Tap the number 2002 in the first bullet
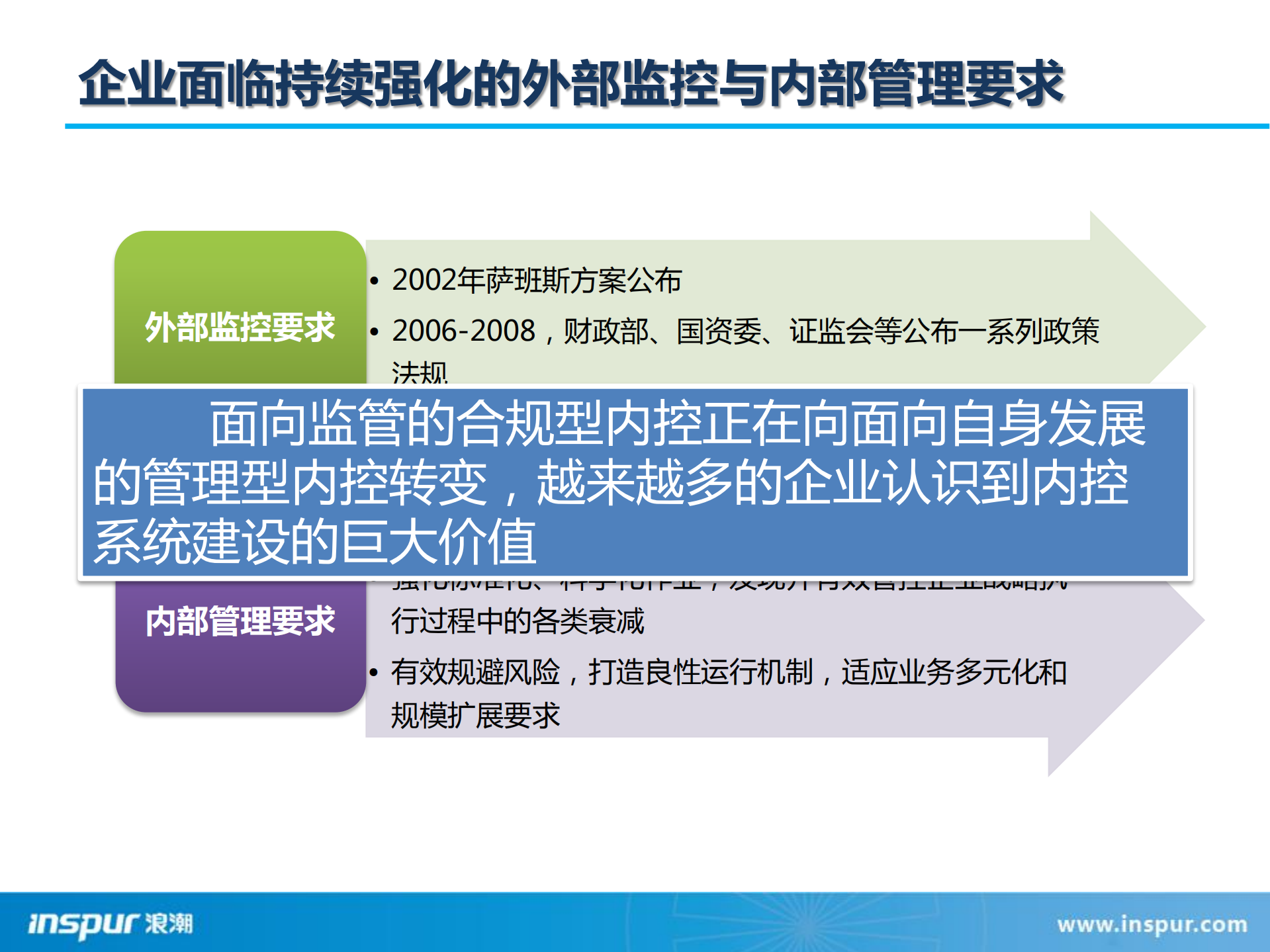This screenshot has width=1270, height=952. tap(424, 281)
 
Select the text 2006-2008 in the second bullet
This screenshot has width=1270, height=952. tap(463, 331)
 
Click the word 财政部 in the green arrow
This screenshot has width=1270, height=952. tap(605, 331)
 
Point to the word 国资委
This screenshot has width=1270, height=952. tap(719, 331)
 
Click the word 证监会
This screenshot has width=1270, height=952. tap(831, 331)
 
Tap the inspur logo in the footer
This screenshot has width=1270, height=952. tap(83, 924)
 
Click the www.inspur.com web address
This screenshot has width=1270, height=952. tap(1152, 924)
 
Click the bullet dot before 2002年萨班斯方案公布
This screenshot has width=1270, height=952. tap(375, 281)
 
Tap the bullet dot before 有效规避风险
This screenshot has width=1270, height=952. tap(375, 673)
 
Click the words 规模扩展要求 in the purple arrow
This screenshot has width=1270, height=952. tap(475, 716)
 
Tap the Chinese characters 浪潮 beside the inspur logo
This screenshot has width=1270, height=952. tap(169, 924)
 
